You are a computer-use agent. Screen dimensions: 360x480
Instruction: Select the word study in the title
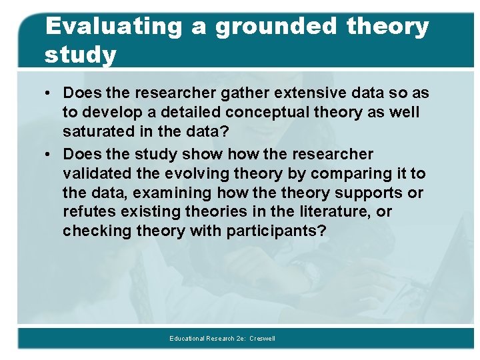point(80,55)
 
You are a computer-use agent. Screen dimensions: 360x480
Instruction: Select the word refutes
point(87,212)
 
